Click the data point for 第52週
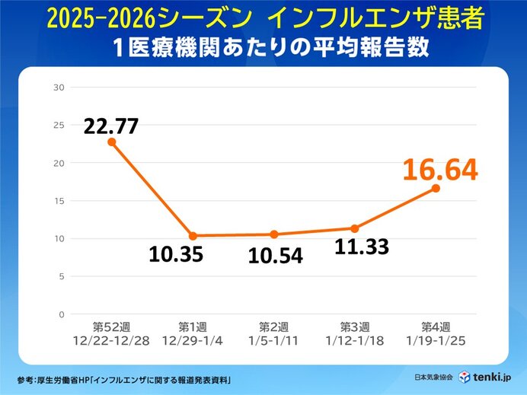pos(112,142)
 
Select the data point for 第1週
pos(193,236)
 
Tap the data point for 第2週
pos(274,234)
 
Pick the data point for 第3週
pos(355,228)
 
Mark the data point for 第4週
pos(436,188)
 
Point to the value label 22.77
pos(112,125)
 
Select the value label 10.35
pos(176,254)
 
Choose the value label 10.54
pos(275,256)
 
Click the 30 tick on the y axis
pos(59,88)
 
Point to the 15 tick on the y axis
pos(59,201)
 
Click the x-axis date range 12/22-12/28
pos(112,339)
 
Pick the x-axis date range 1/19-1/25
pos(436,339)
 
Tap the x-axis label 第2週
pos(274,327)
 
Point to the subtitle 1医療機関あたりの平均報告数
pos(263,47)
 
